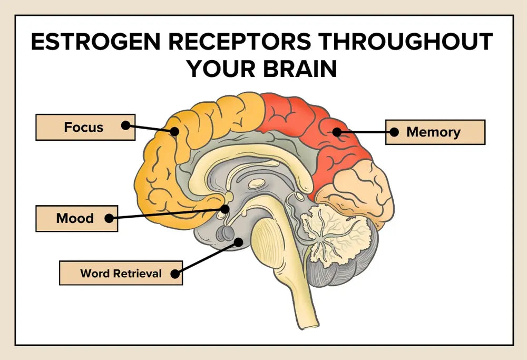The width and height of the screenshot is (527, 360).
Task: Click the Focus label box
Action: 85,127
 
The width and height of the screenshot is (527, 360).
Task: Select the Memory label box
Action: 435,132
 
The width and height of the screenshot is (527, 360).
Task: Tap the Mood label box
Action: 76,218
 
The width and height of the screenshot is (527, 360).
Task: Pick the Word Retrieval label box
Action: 121,273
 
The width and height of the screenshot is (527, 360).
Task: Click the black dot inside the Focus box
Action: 125,125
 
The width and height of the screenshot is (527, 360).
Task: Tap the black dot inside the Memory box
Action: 393,132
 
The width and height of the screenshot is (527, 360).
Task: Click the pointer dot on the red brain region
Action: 336,132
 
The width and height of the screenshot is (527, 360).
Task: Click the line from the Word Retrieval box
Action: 208,257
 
